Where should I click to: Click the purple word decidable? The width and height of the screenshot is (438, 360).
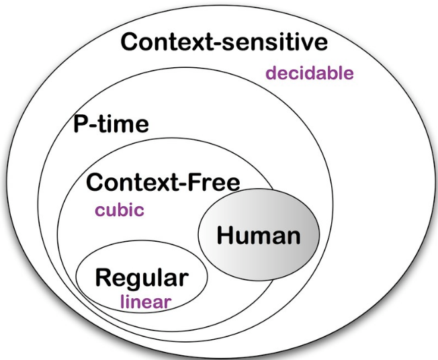coord(309,73)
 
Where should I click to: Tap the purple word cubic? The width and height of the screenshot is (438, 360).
coord(119,210)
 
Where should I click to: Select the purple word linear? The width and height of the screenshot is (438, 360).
coord(146,301)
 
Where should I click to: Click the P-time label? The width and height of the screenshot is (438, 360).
coord(110,124)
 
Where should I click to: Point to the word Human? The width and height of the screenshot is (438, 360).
coord(259,236)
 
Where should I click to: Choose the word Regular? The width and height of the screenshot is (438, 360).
coord(142,277)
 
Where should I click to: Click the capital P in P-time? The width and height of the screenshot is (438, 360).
coord(80,124)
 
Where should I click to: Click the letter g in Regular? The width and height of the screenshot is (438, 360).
coord(133,279)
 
